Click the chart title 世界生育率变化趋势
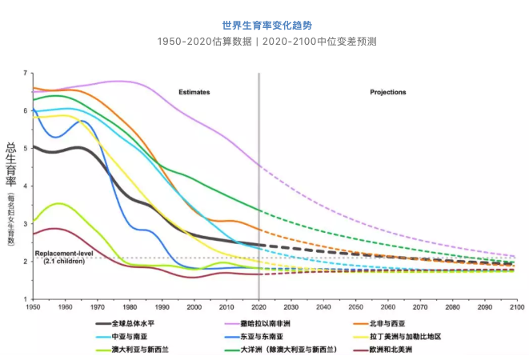pos(264,25)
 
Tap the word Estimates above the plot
pos(194,92)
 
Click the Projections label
pos(388,92)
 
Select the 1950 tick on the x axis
pos(33,306)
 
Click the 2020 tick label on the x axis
pos(258,306)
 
